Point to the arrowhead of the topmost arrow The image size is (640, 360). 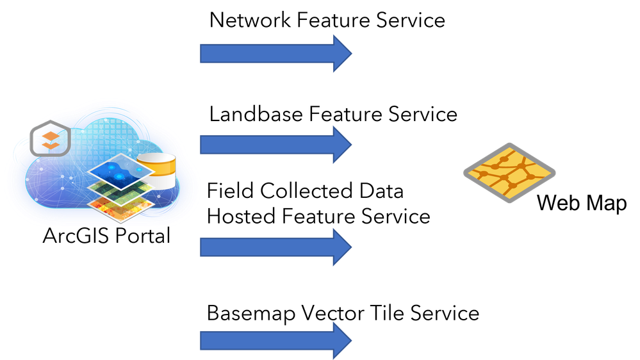pyautogui.click(x=342, y=54)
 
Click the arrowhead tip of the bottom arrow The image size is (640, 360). pyautogui.click(x=351, y=341)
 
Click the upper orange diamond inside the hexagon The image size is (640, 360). pyautogui.click(x=50, y=136)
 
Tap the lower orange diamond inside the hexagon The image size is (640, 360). pyautogui.click(x=50, y=145)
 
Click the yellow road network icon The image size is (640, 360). pyautogui.click(x=509, y=172)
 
